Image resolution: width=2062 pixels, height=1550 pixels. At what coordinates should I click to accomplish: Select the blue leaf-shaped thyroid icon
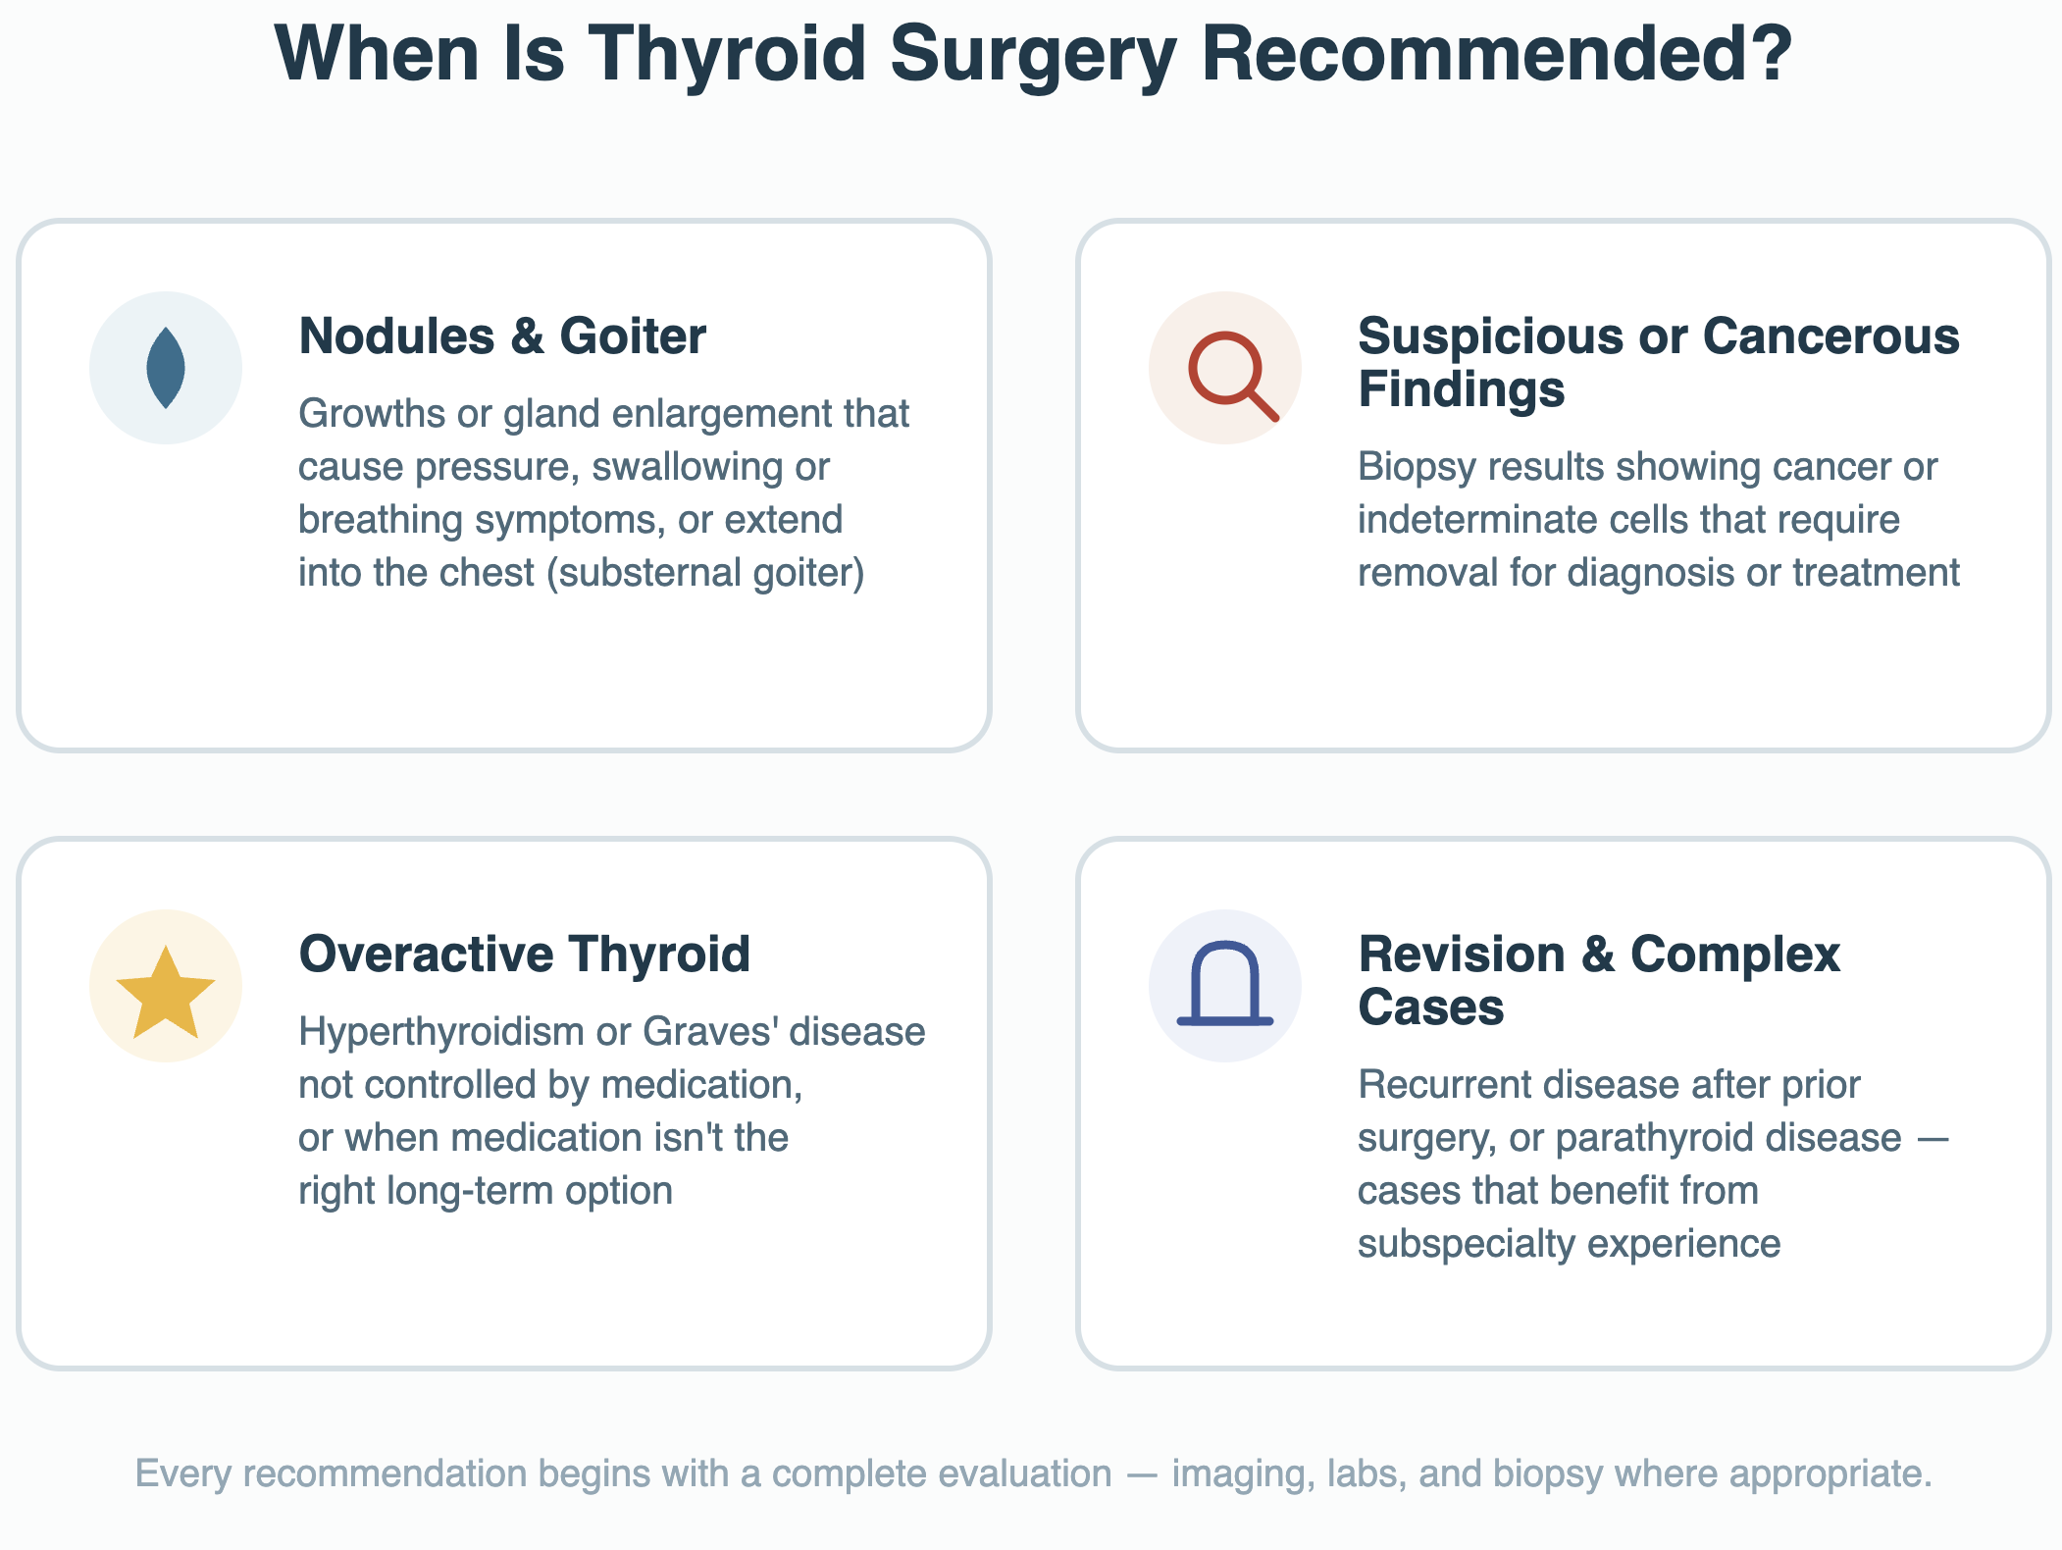[x=166, y=368]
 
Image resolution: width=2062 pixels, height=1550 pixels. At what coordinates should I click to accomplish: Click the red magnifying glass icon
[x=1232, y=377]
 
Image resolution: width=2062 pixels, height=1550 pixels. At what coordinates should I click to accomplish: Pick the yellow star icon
[x=166, y=993]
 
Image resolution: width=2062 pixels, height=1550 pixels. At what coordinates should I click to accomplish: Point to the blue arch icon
[x=1225, y=983]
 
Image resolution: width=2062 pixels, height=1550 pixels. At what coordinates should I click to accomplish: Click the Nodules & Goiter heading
[x=502, y=336]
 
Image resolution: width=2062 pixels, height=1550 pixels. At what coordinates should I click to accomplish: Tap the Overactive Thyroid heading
[x=525, y=954]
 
